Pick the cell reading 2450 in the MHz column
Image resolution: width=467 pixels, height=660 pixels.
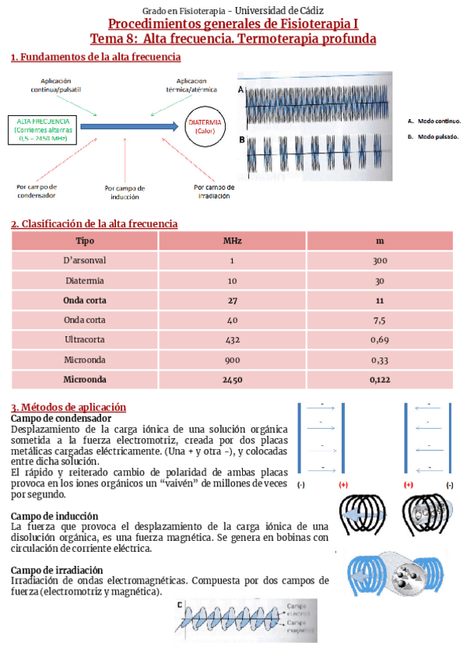point(232,379)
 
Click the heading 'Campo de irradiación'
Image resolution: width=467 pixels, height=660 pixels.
point(59,570)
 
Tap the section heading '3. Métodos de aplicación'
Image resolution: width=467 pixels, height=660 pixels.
point(68,407)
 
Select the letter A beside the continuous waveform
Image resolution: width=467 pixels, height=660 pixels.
point(241,90)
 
